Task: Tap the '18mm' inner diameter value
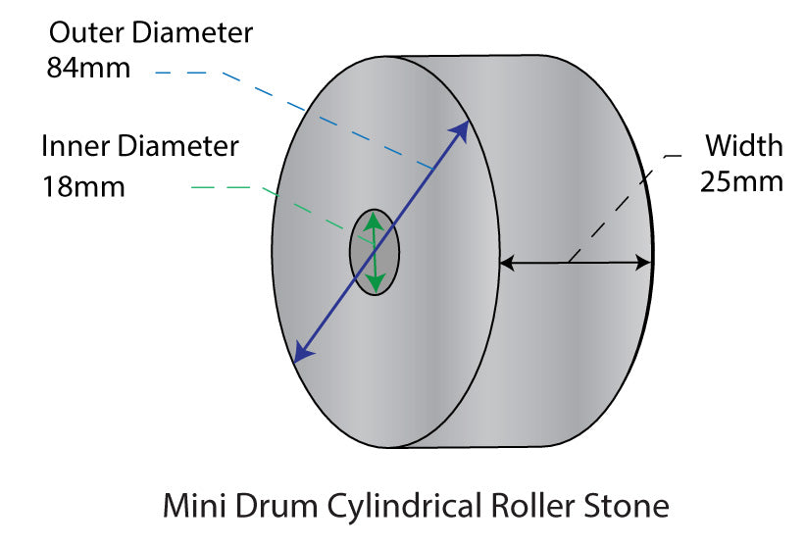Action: (x=83, y=185)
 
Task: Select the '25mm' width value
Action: (x=741, y=181)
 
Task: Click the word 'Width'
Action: (x=744, y=146)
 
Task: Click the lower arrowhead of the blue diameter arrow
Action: (x=302, y=354)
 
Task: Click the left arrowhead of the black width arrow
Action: (x=507, y=263)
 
